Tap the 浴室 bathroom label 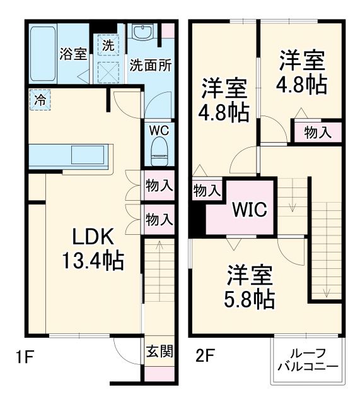coord(73,53)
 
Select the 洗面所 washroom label coord(151,65)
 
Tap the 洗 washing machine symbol coord(108,45)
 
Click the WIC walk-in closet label coord(250,209)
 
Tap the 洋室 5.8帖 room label coord(250,287)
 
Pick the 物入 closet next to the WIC coord(206,189)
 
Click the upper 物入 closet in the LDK coord(159,186)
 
